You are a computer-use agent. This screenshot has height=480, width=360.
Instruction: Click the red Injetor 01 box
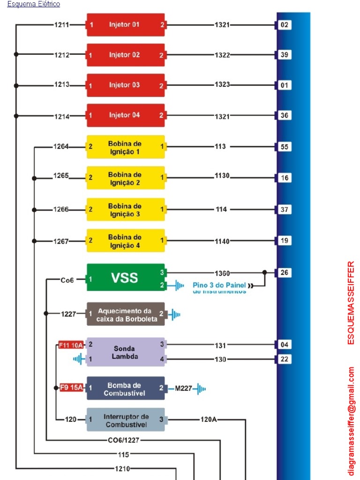tap(126, 25)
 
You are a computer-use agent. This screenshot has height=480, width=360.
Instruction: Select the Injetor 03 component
tap(126, 85)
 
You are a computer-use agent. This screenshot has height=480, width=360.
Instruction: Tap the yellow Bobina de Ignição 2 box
tap(126, 178)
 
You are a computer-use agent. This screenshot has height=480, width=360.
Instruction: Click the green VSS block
tap(126, 277)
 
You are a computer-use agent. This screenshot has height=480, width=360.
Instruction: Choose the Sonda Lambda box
tap(126, 352)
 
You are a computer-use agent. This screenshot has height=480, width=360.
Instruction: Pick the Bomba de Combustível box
tap(126, 389)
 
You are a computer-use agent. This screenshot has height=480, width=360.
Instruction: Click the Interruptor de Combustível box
tap(126, 420)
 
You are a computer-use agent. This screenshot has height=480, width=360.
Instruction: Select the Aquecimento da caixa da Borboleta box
tap(126, 314)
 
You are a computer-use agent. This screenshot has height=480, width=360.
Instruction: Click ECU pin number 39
tap(285, 55)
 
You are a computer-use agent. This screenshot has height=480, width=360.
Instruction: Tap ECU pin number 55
tap(285, 147)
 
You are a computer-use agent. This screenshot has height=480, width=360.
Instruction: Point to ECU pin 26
tap(285, 272)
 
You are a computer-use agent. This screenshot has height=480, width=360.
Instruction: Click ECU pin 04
tap(285, 345)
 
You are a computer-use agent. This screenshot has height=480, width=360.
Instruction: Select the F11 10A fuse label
tap(71, 345)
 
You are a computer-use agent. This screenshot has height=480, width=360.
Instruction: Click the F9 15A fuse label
tap(71, 388)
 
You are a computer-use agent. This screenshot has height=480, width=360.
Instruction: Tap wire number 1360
tap(222, 273)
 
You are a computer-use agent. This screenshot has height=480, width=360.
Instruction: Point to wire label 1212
tap(61, 55)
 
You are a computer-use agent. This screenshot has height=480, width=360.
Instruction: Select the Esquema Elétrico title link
tap(33, 4)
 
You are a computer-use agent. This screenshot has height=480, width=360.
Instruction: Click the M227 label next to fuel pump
tap(183, 389)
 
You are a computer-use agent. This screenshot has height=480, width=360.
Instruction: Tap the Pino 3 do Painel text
tap(219, 285)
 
